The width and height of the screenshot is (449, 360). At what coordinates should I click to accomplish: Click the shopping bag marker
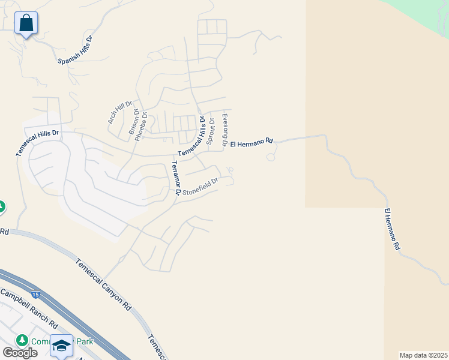tap(26, 23)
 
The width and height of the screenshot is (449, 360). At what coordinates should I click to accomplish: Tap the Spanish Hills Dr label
tap(76, 50)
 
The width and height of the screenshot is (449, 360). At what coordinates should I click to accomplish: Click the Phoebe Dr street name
tap(141, 125)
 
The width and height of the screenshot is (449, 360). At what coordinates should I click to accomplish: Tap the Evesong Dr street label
tap(224, 130)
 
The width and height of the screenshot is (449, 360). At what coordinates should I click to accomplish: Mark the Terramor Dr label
tap(175, 178)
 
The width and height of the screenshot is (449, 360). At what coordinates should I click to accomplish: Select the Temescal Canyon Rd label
tap(103, 284)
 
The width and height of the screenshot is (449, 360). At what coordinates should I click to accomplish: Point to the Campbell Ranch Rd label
tap(28, 309)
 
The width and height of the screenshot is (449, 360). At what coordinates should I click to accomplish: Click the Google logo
tap(20, 353)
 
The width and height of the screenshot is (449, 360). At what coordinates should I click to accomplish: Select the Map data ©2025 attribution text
tap(423, 355)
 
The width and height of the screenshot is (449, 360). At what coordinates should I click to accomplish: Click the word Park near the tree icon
tap(82, 341)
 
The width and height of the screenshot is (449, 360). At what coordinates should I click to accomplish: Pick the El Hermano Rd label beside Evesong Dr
tap(252, 143)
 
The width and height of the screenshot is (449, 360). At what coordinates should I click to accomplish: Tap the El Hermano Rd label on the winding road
tap(392, 229)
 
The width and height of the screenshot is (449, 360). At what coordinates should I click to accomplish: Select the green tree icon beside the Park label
tap(23, 340)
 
